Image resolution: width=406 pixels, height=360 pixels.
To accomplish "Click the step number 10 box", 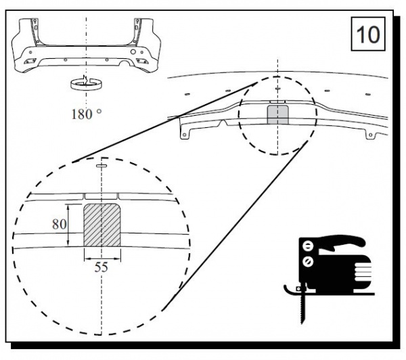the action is pos(368,34).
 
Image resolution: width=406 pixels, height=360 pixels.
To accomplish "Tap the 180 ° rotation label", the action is pos(86,114).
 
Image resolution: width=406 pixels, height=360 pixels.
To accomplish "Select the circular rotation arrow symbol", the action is pos(86,83).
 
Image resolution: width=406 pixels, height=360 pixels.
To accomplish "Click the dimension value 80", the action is pos(60,224).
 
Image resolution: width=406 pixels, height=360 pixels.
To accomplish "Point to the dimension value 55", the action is pos(101,267).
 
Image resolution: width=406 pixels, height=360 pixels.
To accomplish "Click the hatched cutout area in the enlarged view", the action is pos(102,225).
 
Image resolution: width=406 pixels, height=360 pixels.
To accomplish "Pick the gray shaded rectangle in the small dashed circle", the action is pos(278,115).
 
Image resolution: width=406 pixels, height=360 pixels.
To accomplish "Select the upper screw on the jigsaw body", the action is pos(308,246).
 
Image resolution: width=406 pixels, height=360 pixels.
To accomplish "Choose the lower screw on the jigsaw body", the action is pos(308,261).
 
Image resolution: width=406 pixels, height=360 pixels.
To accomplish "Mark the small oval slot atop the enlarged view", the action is pos(101,166).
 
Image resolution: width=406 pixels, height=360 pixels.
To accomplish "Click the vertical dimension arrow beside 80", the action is pos(68,225).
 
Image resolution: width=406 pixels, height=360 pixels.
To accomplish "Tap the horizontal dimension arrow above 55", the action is pos(103,258).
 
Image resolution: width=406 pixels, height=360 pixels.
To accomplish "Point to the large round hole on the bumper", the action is pos(133,51).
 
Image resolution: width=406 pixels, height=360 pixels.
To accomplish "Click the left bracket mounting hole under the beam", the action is pos(184,135).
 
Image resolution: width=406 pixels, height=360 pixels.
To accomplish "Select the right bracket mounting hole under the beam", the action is pos(370,135).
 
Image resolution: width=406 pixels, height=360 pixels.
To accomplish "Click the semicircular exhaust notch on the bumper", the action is pos(125,63).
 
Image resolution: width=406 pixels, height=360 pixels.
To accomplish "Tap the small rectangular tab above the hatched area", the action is pos(101,196).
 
